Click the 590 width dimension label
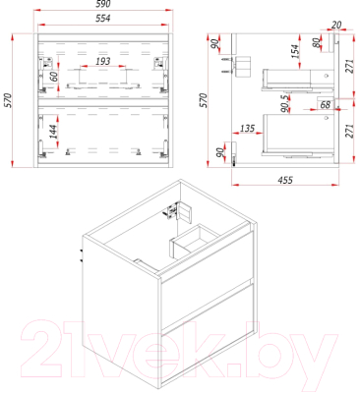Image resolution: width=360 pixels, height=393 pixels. click(103, 4)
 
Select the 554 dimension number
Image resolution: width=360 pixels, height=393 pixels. click(103, 19)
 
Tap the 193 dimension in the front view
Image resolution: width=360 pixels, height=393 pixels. click(103, 61)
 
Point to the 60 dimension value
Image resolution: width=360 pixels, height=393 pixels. click(54, 76)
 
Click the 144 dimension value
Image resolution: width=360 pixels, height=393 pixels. click(53, 131)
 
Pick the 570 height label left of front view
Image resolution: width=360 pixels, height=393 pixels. click(8, 100)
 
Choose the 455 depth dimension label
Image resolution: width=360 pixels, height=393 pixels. click(285, 180)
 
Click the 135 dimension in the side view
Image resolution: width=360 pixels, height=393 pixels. click(248, 128)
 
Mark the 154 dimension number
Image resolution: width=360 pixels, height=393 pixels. click(295, 52)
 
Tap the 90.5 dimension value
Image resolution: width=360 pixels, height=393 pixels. click(285, 103)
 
